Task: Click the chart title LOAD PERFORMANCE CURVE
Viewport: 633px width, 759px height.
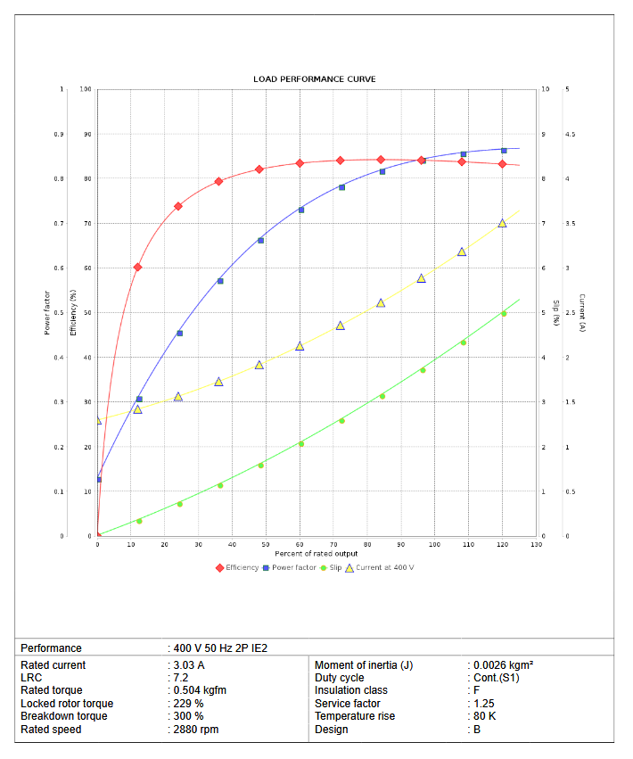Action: coord(315,79)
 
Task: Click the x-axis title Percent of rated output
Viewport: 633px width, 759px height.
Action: coord(316,554)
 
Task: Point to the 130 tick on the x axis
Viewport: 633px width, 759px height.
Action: coord(536,544)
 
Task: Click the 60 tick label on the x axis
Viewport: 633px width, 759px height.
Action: coord(300,544)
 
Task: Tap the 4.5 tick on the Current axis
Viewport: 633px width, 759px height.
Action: coord(570,134)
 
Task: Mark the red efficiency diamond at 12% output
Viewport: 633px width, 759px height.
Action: coord(137,267)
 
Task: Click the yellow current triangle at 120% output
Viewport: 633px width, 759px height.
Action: coord(502,223)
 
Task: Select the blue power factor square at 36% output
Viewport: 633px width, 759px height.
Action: coord(220,281)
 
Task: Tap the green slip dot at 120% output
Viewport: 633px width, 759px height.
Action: coord(504,313)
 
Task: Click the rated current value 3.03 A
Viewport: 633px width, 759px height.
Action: coord(189,665)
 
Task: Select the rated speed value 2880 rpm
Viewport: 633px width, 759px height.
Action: coord(196,730)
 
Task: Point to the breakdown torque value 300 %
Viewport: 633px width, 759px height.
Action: coord(189,716)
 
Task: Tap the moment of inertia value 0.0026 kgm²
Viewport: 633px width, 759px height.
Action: coord(503,665)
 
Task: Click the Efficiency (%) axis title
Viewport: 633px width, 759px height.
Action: coord(73,311)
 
